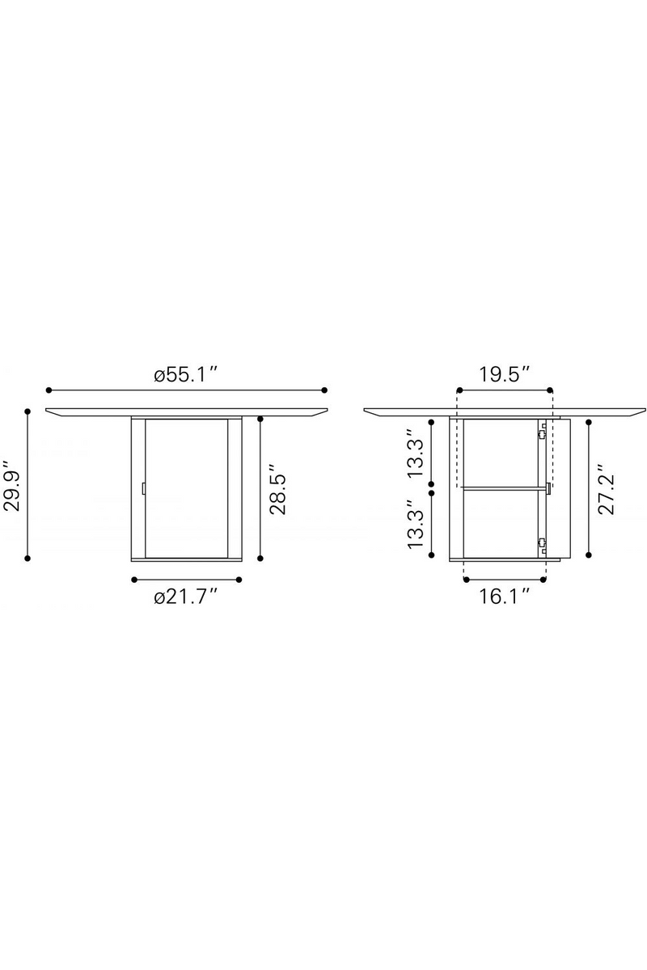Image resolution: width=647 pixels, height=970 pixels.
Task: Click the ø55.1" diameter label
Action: coord(185,374)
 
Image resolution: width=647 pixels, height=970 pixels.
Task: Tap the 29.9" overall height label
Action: coord(12,486)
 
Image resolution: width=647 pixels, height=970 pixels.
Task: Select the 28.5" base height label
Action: coord(277,490)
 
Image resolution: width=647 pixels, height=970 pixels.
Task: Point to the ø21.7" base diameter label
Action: coord(185,597)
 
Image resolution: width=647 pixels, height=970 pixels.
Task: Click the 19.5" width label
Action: coord(504,374)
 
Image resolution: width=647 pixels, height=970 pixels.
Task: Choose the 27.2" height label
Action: coord(606,490)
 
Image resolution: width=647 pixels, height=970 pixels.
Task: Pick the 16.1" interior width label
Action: coord(504,597)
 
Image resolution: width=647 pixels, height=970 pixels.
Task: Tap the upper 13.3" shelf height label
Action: coord(415,453)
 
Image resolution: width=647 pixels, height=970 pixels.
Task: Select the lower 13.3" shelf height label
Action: coord(415,524)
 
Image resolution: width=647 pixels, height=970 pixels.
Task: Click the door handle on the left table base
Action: coord(143,488)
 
